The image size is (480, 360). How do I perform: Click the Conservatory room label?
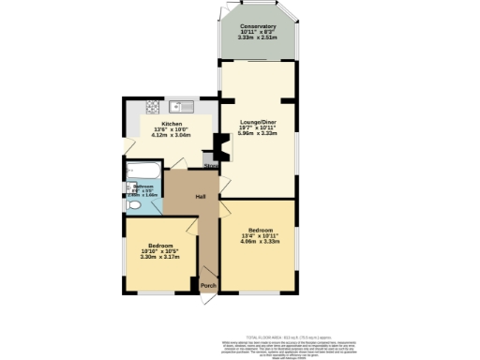[257, 26]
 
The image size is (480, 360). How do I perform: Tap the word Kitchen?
[172, 124]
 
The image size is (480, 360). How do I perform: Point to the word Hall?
[201, 196]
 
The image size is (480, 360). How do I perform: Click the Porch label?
[207, 285]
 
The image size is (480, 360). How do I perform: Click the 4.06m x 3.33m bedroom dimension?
[261, 241]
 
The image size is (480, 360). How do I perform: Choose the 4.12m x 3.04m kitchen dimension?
[172, 135]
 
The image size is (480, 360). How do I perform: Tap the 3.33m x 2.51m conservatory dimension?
[257, 37]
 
